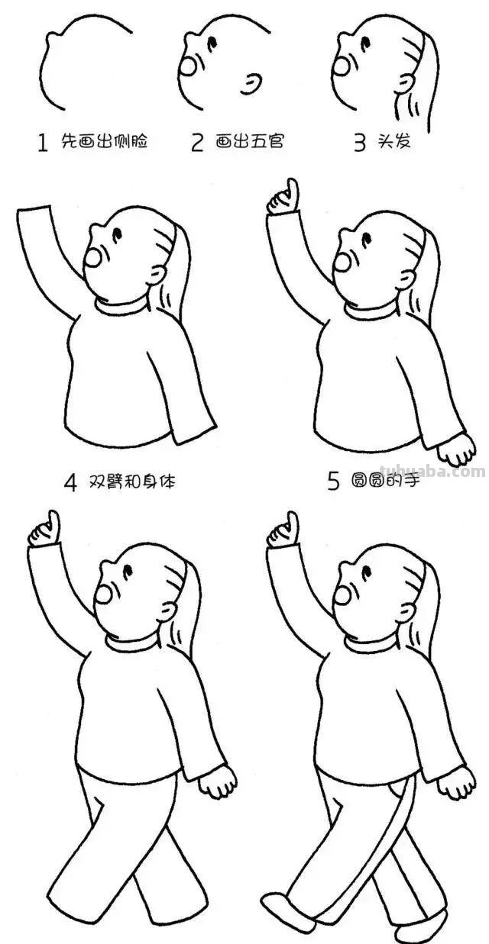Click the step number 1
pos(43,143)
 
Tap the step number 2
pos(197,143)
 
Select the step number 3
pos(359,143)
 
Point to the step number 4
pos(70,482)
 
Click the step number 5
pos(332,482)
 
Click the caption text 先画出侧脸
pos(104,142)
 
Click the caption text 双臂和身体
pos(129,482)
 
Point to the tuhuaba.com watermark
pos(432,471)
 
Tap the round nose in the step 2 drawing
pos(187,66)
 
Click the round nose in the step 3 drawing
pos(342,66)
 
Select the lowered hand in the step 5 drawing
pos(460,449)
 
